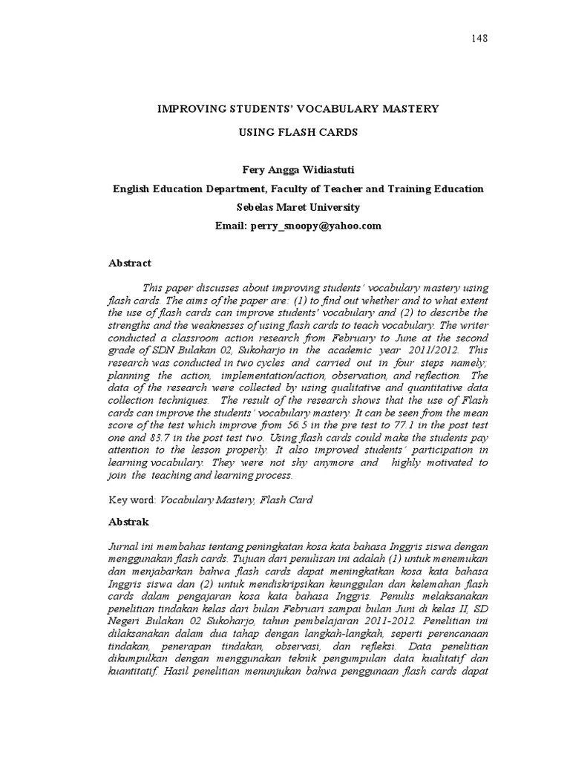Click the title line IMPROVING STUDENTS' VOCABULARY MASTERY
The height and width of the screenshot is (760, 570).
tap(298, 108)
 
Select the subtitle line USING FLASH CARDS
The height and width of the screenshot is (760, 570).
tap(298, 132)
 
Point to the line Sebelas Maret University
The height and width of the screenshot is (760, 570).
tap(298, 207)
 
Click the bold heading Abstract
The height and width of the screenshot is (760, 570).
tap(130, 263)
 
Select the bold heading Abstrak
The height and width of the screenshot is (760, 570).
tap(129, 522)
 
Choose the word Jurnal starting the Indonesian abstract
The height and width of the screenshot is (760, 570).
tap(124, 546)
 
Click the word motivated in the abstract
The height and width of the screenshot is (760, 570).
tap(450, 462)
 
